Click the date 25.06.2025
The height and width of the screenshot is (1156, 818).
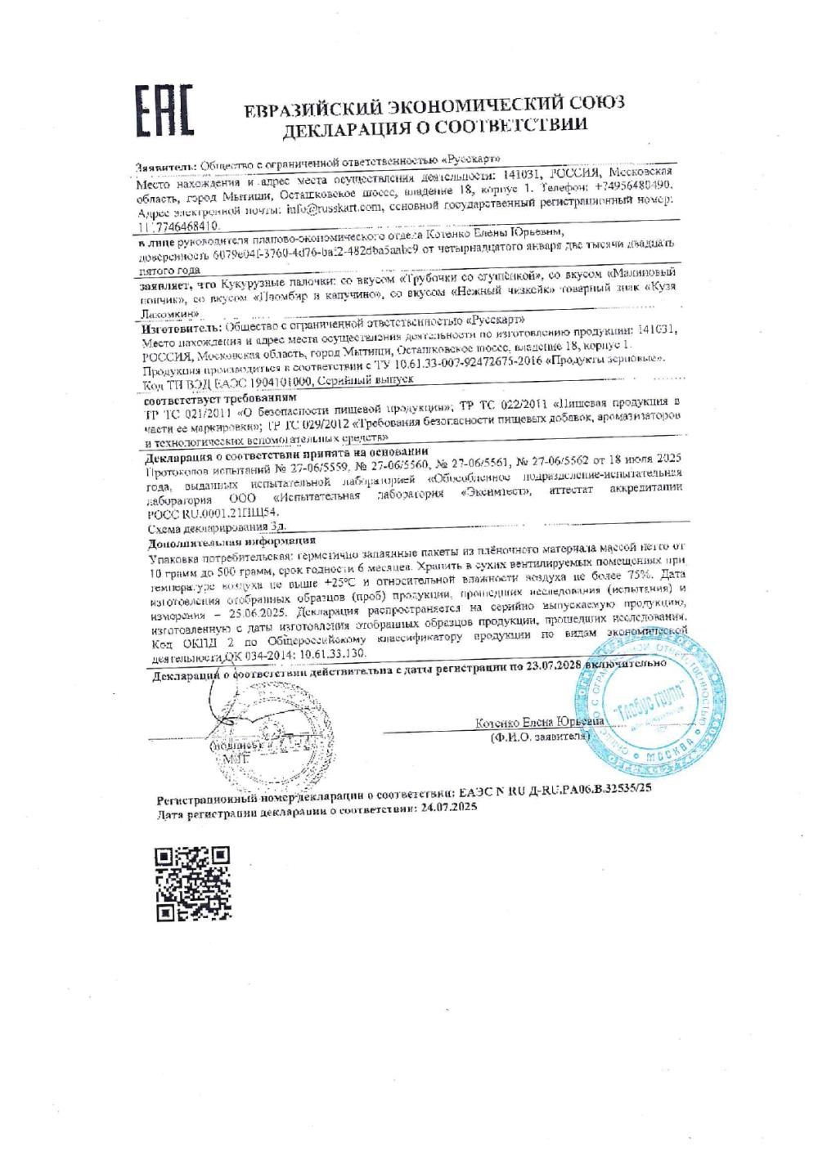[243, 615]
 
